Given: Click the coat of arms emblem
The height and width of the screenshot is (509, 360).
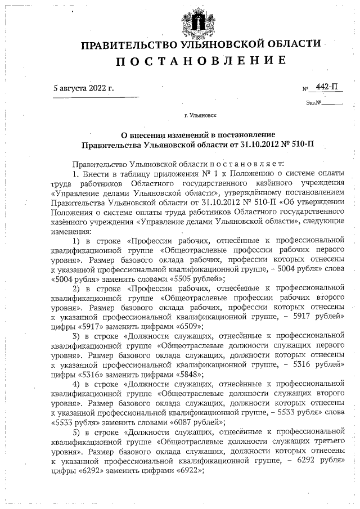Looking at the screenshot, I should [x=199, y=21].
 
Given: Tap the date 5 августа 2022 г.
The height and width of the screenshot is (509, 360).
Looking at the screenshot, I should [x=83, y=89].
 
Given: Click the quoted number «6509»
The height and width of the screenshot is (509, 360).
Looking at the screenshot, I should [x=188, y=326].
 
